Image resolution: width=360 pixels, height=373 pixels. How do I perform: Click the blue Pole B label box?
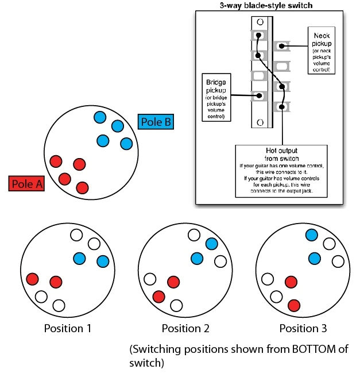click(156, 122)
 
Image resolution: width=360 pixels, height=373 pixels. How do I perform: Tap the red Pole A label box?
click(26, 183)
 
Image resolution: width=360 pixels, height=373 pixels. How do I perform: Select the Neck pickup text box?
click(322, 51)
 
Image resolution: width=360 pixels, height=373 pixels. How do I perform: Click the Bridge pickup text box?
click(216, 97)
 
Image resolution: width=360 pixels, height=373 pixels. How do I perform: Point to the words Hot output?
click(281, 151)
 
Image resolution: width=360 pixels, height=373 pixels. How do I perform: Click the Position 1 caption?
click(68, 329)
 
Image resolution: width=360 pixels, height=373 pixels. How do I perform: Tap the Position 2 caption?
click(185, 329)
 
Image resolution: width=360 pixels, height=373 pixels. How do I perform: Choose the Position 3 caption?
click(303, 329)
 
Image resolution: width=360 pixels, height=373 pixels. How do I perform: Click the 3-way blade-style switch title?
click(266, 5)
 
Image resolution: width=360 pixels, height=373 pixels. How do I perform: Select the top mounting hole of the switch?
click(260, 22)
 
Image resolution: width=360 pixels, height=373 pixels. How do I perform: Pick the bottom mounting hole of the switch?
click(260, 122)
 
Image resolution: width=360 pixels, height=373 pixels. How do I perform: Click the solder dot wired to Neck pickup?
click(281, 46)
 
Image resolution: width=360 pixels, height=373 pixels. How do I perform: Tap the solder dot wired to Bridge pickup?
click(259, 95)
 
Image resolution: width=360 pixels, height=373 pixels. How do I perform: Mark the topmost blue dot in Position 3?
click(312, 235)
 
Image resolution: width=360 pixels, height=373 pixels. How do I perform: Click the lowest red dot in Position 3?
click(294, 305)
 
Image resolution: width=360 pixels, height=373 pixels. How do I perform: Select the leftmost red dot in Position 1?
click(32, 279)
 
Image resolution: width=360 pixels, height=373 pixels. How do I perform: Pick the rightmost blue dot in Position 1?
click(103, 262)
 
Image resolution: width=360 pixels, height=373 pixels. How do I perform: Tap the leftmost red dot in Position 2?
click(158, 297)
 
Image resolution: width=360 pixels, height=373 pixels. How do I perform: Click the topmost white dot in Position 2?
click(194, 235)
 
